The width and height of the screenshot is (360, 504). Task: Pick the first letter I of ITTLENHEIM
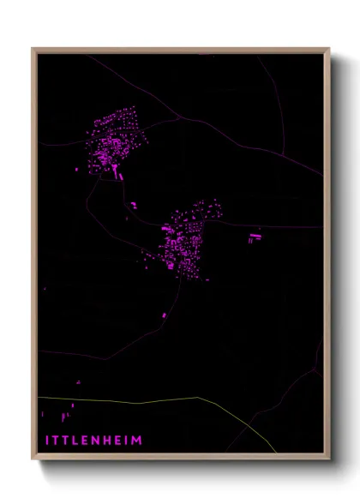coord(46,441)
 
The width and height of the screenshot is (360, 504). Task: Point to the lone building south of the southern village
coord(164,315)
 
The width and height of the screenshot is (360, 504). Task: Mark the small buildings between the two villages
coord(133,205)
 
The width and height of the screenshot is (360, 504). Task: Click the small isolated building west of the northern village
coord(78,170)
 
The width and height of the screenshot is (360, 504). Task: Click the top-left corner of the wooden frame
coord(33,49)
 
